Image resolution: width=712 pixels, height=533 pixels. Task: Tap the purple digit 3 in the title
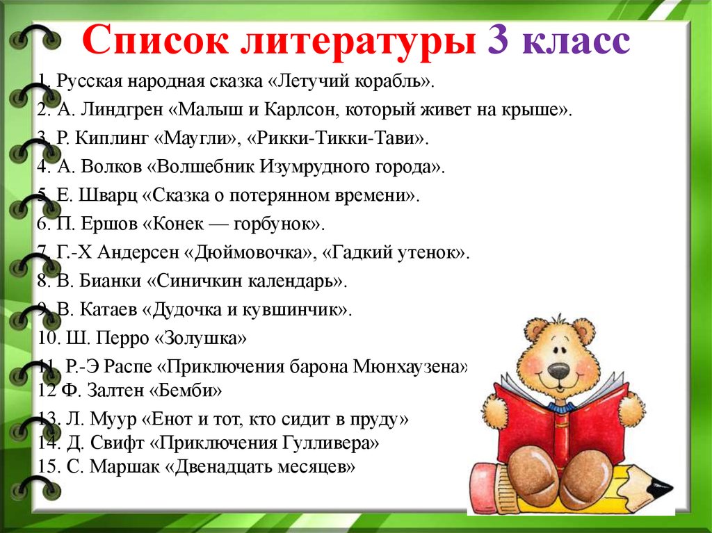(499, 39)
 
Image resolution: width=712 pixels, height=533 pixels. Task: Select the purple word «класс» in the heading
(576, 42)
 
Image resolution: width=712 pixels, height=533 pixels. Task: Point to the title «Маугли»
(197, 138)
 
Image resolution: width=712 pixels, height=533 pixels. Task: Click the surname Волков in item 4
(111, 167)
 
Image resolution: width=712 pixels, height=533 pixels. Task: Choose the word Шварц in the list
(108, 195)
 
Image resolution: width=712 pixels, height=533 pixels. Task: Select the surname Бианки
(111, 281)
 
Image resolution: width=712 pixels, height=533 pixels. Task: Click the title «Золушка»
(200, 338)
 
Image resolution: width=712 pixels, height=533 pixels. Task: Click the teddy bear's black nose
(558, 372)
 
